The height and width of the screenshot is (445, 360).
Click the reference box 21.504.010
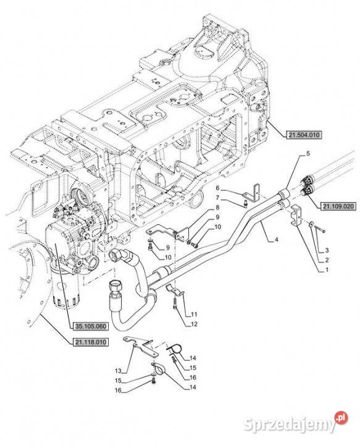(x=305, y=133)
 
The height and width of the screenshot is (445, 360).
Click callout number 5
(x=308, y=153)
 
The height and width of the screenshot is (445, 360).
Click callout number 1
(x=326, y=270)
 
